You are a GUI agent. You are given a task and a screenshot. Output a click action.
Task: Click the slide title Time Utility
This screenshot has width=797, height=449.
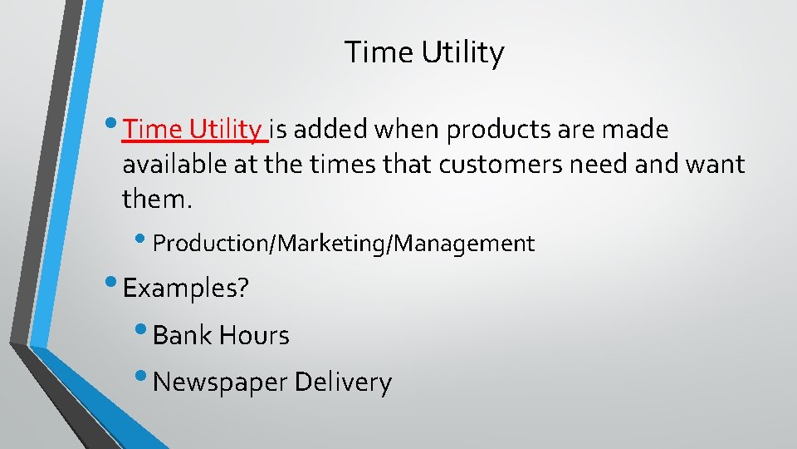coord(424,53)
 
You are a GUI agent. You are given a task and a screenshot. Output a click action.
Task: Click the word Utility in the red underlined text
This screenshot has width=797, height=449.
coord(225,130)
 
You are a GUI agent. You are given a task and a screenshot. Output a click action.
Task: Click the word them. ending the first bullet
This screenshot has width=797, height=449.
coord(157,198)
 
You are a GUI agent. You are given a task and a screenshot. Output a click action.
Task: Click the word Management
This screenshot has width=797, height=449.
coord(465,244)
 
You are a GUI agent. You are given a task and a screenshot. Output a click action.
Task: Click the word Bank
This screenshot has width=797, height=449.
coord(183,336)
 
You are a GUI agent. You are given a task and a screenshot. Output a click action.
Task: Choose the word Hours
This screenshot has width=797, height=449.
coord(254,336)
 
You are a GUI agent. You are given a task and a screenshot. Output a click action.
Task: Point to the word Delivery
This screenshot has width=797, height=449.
coord(343,382)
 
